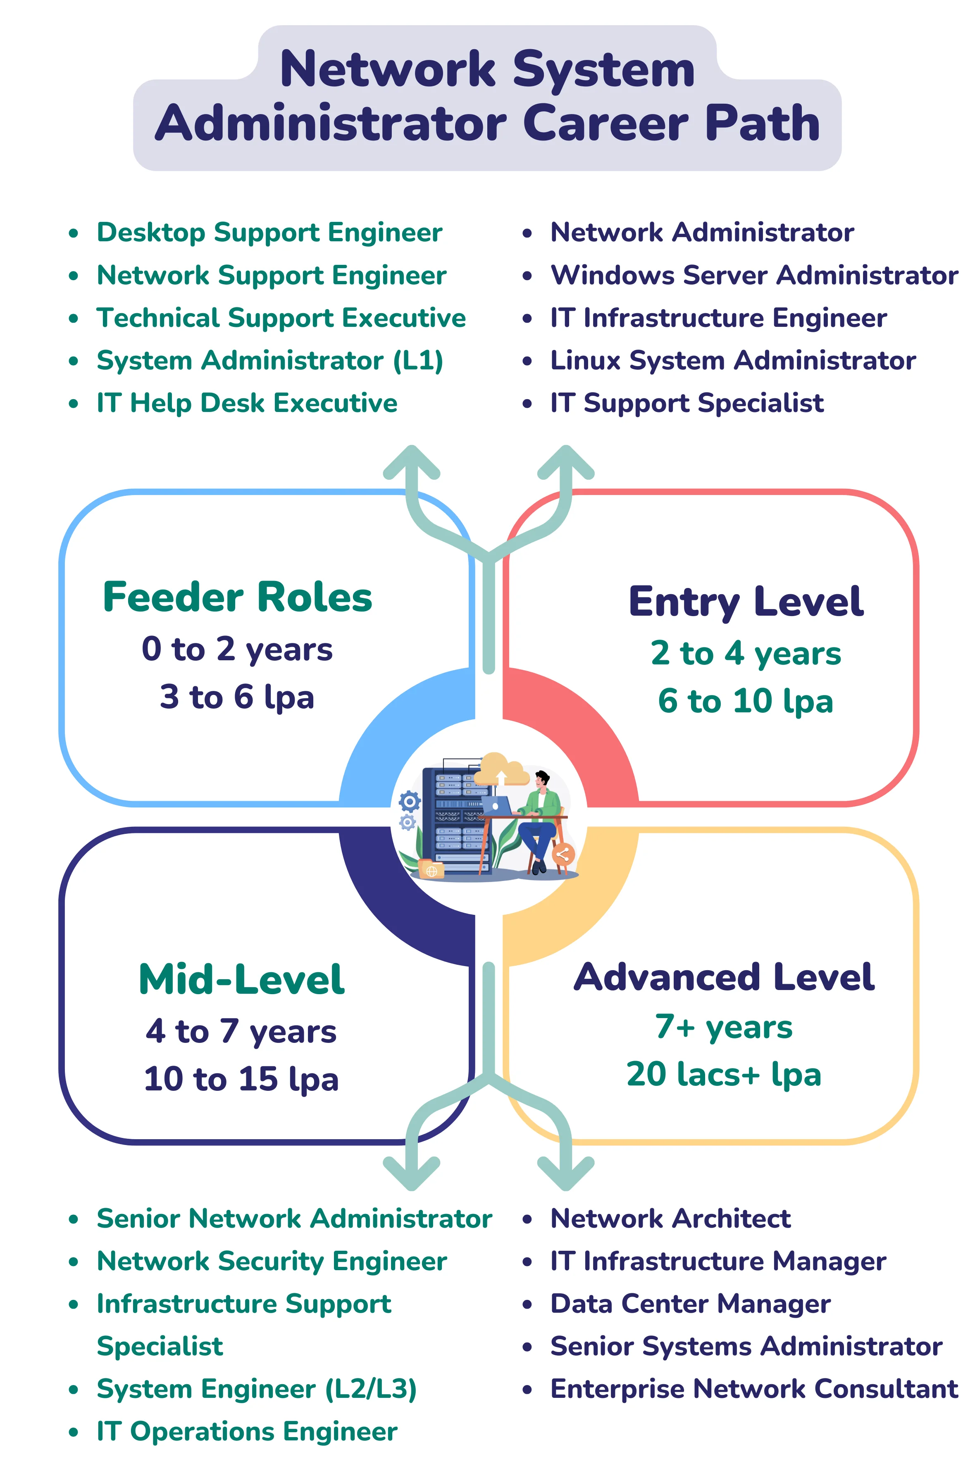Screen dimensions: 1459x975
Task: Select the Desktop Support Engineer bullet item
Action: pos(269,233)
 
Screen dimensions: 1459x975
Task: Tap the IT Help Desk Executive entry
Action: pos(247,403)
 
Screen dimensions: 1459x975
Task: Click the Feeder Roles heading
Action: pos(238,597)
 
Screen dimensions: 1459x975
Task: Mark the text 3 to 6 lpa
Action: pos(237,697)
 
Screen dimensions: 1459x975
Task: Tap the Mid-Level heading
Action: pos(241,980)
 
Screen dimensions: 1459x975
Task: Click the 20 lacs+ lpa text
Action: pos(724,1074)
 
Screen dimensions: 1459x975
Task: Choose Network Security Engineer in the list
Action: pos(272,1261)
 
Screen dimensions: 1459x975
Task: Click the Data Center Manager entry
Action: pos(690,1304)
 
